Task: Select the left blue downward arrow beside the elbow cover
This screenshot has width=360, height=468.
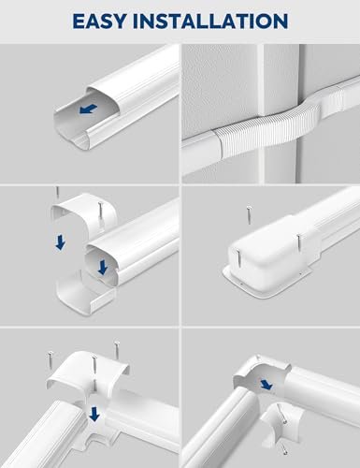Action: point(60,241)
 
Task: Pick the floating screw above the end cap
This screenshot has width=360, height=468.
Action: point(249,218)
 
